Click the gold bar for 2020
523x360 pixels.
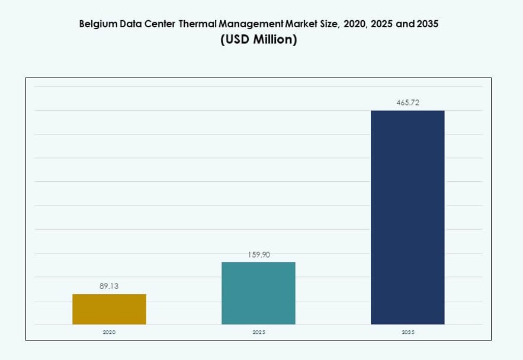(x=109, y=309)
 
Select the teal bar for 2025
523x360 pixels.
(x=258, y=293)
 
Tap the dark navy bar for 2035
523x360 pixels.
(x=408, y=217)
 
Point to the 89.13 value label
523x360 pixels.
(x=109, y=286)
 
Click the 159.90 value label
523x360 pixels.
(x=258, y=255)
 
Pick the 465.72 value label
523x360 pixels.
(x=408, y=102)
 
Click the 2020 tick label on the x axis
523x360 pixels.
(x=109, y=332)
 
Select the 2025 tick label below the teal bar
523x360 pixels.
(x=258, y=332)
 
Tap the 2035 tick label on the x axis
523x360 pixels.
(x=408, y=332)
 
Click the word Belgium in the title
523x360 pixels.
(x=98, y=25)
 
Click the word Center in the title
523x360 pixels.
(x=160, y=25)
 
